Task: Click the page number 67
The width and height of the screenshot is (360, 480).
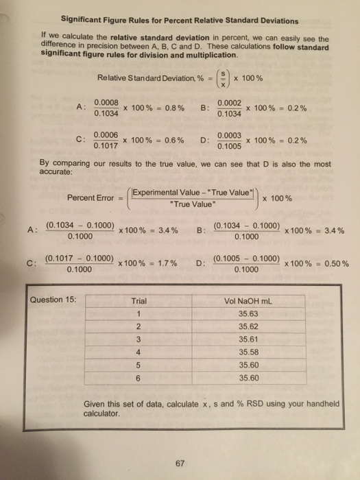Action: coord(180,462)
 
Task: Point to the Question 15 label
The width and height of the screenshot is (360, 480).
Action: coord(55,300)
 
